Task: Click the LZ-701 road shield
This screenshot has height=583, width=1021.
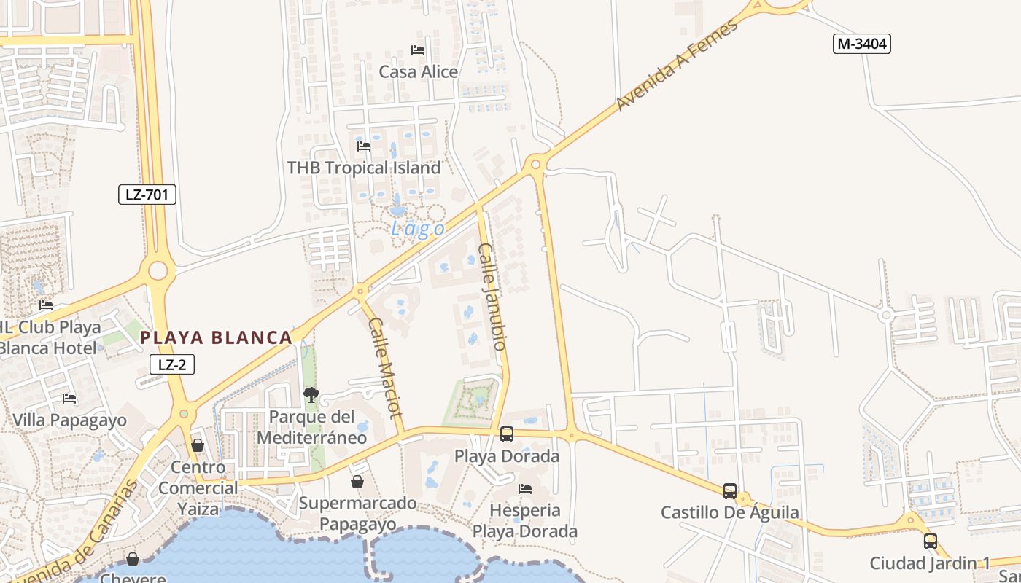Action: tap(147, 195)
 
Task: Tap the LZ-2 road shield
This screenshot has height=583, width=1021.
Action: tap(172, 364)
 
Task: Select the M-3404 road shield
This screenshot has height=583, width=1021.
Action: tap(862, 44)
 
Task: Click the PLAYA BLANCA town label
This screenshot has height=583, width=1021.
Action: tap(216, 337)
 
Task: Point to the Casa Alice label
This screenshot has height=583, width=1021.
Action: tap(419, 71)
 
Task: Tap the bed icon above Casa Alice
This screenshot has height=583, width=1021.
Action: tap(418, 50)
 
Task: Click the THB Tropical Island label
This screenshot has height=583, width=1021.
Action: tap(364, 168)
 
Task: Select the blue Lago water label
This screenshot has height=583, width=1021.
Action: tap(418, 229)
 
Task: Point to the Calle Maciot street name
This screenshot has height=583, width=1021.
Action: tap(385, 367)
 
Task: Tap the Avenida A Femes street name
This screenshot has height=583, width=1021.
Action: tap(677, 66)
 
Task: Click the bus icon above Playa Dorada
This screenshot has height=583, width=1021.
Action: tap(507, 434)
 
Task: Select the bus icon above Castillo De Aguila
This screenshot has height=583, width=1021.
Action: tap(730, 491)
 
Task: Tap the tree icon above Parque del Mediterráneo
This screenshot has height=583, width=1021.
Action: tap(311, 395)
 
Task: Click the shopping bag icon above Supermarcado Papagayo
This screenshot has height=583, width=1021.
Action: tap(357, 482)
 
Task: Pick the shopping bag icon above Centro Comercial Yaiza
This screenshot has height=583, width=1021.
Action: tap(198, 445)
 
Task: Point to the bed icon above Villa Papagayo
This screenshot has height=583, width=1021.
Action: tap(69, 399)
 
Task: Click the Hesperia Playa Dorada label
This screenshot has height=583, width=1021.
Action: tap(525, 520)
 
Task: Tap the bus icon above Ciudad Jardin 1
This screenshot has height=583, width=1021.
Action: tap(930, 541)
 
